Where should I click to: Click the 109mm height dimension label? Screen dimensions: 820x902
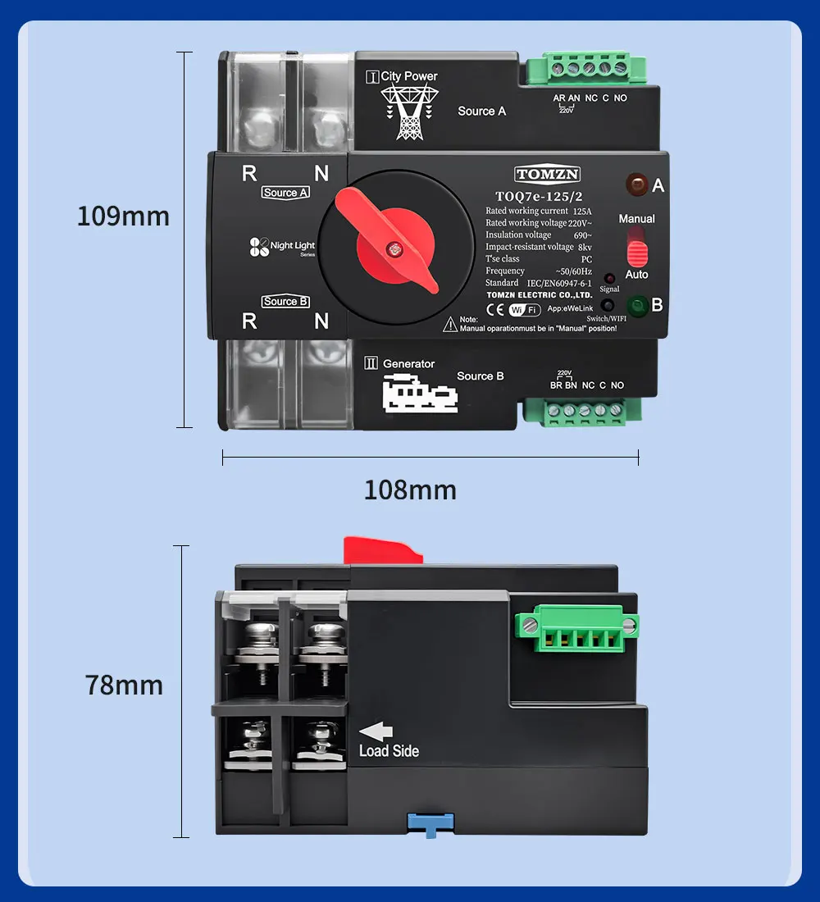pyautogui.click(x=123, y=216)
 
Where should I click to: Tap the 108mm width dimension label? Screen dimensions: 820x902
pyautogui.click(x=410, y=490)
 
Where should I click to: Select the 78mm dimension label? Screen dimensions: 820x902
pyautogui.click(x=124, y=686)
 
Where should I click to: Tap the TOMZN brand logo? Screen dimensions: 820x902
pyautogui.click(x=548, y=174)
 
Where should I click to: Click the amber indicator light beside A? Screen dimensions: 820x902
pyautogui.click(x=635, y=184)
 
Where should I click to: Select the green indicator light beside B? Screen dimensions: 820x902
pyautogui.click(x=635, y=305)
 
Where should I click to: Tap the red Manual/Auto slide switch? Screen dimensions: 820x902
pyautogui.click(x=637, y=246)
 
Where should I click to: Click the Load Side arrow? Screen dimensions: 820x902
pyautogui.click(x=376, y=731)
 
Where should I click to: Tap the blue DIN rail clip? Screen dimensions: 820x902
pyautogui.click(x=428, y=822)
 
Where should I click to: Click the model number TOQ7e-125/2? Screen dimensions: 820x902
pyautogui.click(x=539, y=197)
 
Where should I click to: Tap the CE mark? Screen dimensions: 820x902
pyautogui.click(x=494, y=310)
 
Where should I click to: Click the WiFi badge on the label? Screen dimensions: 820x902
pyautogui.click(x=525, y=310)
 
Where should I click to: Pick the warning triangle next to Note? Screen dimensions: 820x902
pyautogui.click(x=450, y=324)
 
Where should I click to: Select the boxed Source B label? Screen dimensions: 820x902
pyautogui.click(x=285, y=302)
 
